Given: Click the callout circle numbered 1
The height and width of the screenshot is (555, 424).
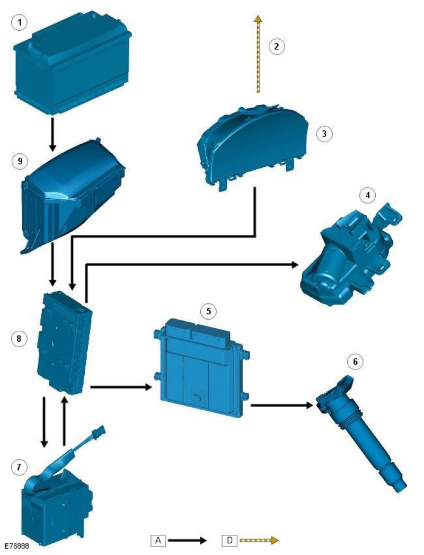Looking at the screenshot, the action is click(20, 23).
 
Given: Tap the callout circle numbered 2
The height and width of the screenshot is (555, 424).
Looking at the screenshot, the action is click(277, 46).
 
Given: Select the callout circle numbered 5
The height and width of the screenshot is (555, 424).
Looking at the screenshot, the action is click(208, 311).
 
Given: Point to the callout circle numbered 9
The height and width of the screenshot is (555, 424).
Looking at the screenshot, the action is click(20, 161).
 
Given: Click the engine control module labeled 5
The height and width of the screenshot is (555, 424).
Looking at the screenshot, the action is click(201, 368).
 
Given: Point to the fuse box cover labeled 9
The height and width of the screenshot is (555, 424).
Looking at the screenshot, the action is click(73, 197).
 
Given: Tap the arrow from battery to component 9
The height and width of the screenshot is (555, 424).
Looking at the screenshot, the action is click(52, 135).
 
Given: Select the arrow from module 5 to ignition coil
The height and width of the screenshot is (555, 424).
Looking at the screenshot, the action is click(282, 405).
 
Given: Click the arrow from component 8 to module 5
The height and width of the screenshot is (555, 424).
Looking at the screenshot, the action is click(121, 387).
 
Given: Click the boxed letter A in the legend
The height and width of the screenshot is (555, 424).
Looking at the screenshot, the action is click(158, 541).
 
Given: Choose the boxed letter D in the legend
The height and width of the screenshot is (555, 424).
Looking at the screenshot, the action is click(230, 541).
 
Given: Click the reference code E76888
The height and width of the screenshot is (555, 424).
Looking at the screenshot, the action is click(16, 546).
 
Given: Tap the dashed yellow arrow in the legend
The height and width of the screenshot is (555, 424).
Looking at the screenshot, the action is click(259, 540).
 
